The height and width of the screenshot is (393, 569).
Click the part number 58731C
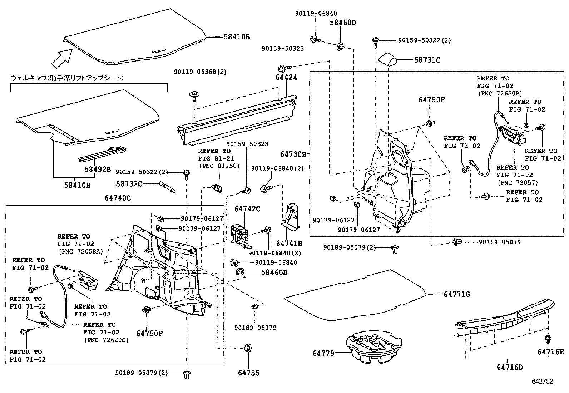(x=427, y=60)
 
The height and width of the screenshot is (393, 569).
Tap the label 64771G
(x=457, y=294)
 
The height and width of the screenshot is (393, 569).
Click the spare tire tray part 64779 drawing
(x=372, y=347)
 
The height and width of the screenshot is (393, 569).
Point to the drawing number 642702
(x=542, y=382)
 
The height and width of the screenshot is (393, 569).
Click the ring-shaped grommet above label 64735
(x=247, y=348)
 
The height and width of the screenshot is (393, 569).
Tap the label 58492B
(x=98, y=169)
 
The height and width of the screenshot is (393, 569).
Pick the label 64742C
(x=247, y=208)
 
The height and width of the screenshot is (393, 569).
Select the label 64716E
(x=550, y=352)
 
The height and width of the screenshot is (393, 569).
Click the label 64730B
(x=293, y=154)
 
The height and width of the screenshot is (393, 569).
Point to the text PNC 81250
(x=219, y=166)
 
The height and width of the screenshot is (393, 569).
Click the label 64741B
(x=289, y=244)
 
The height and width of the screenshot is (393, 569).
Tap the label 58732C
(x=129, y=184)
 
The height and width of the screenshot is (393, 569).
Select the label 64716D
(x=509, y=367)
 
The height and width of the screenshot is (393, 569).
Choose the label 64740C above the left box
(x=118, y=198)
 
